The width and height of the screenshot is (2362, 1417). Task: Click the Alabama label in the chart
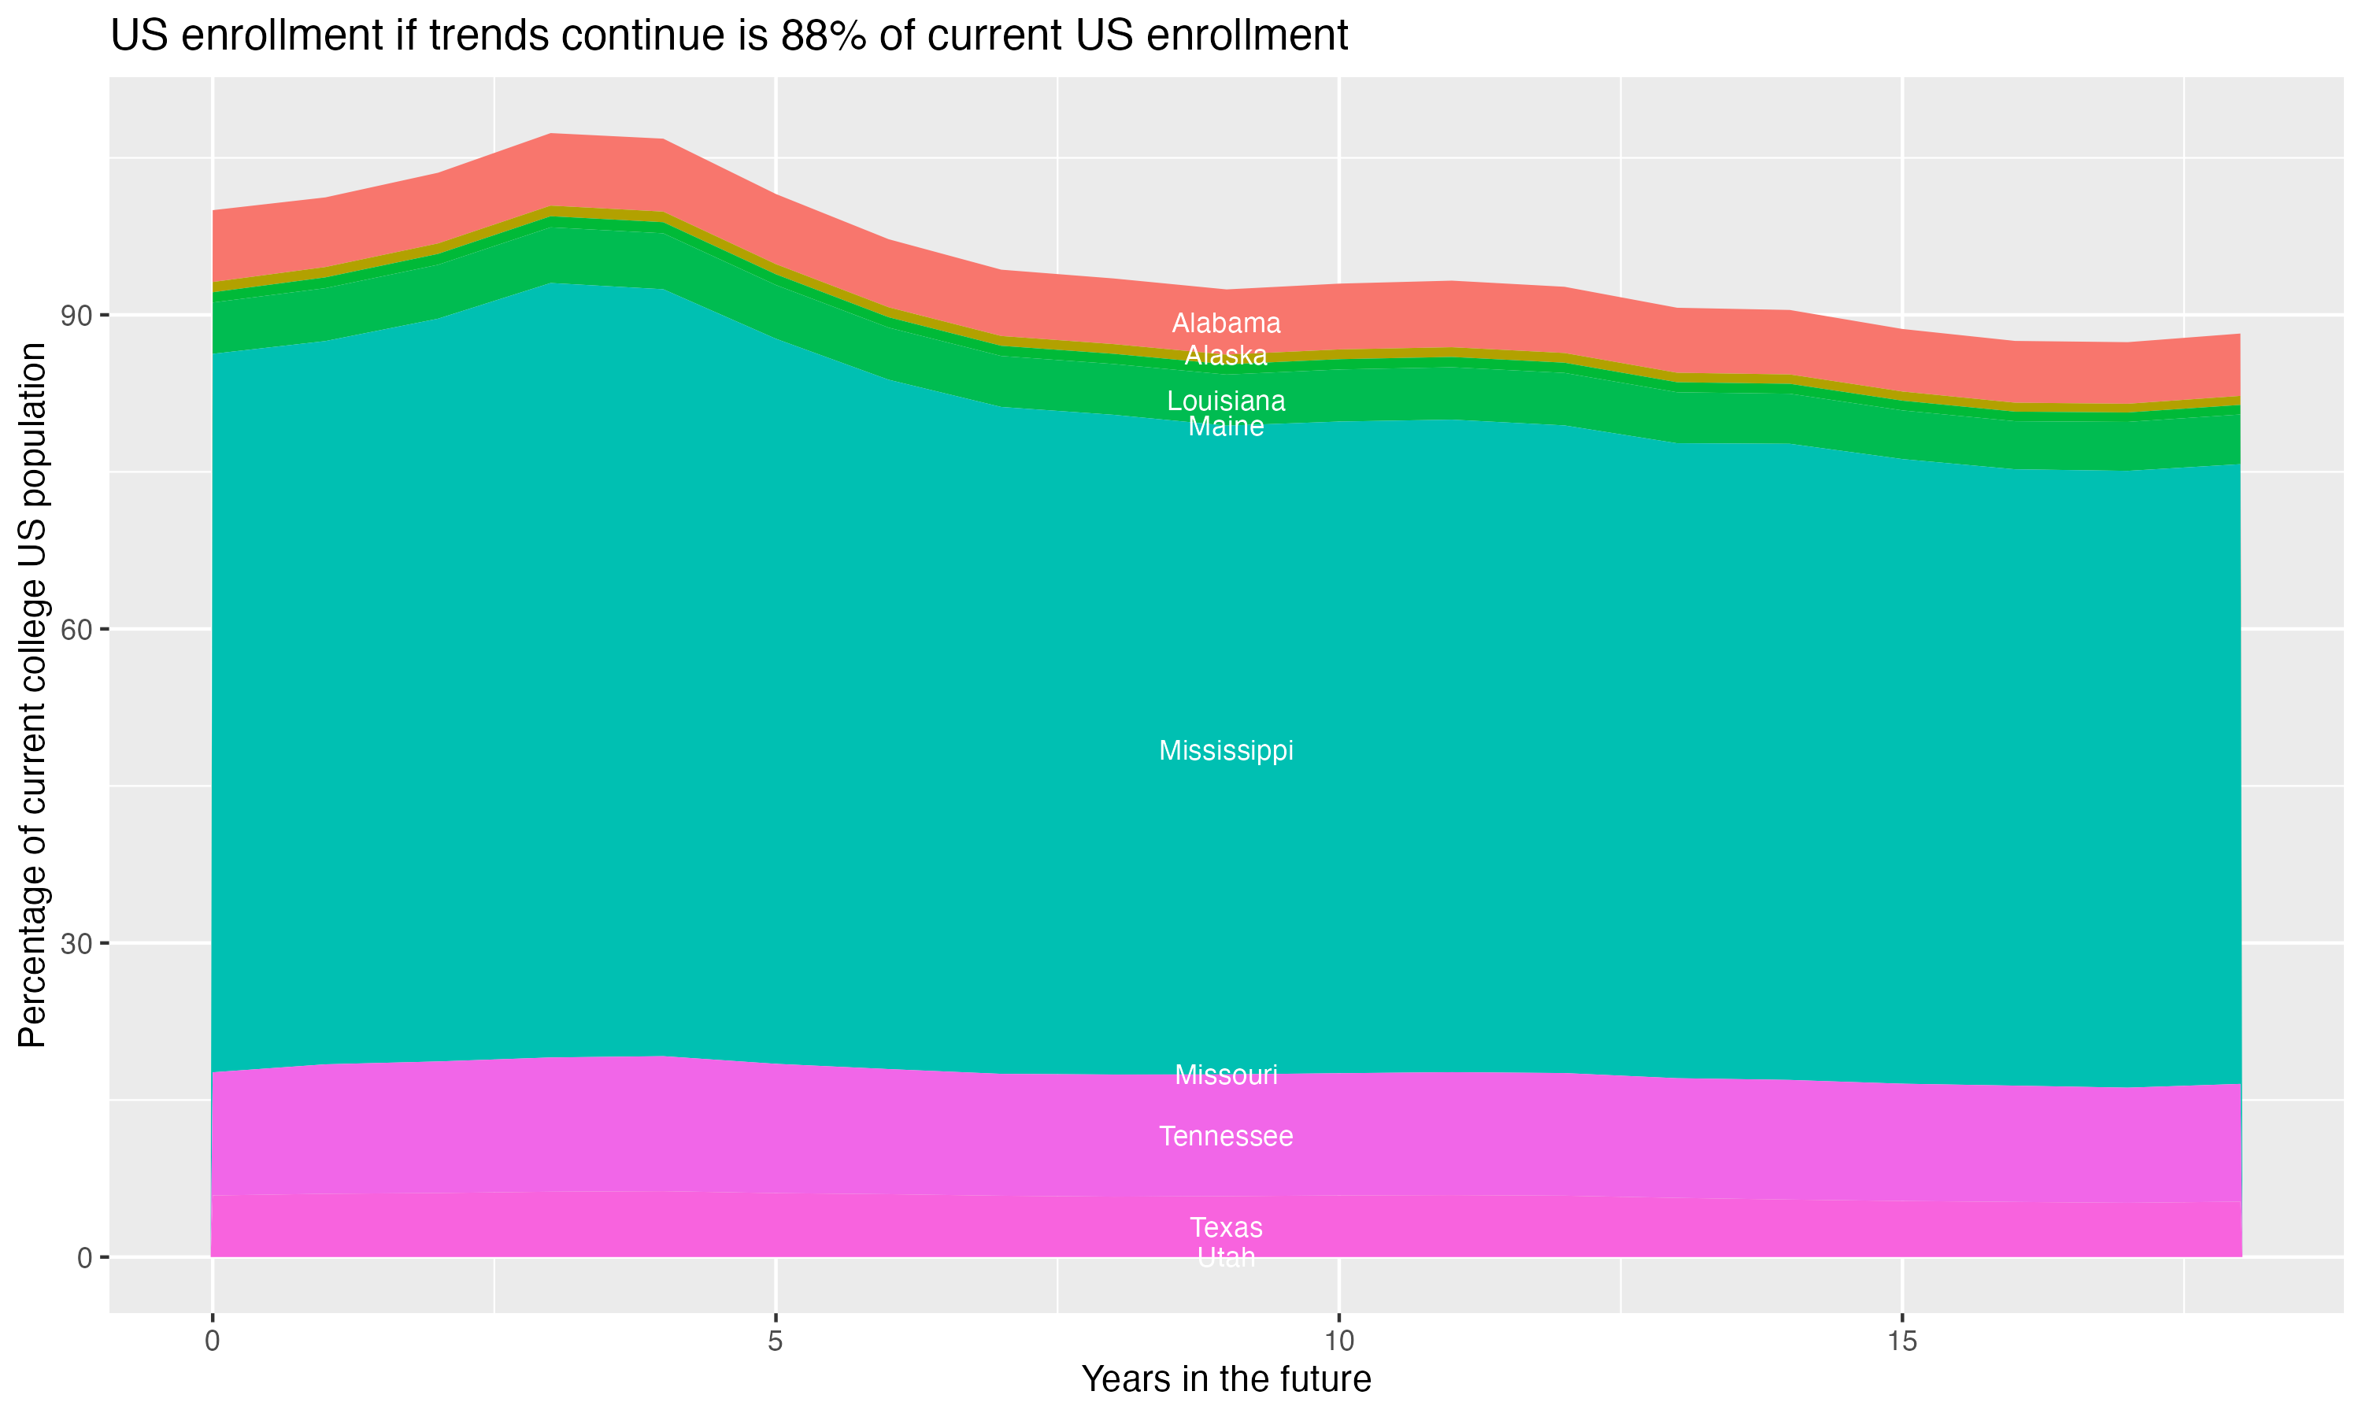pyautogui.click(x=1226, y=324)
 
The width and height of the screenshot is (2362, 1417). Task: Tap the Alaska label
pyautogui.click(x=1226, y=356)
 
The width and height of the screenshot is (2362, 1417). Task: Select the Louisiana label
pyautogui.click(x=1226, y=401)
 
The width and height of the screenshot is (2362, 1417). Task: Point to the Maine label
pyautogui.click(x=1226, y=427)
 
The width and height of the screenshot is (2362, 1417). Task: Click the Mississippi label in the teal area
pyautogui.click(x=1226, y=750)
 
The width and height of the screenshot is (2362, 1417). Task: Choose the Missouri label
pyautogui.click(x=1226, y=1075)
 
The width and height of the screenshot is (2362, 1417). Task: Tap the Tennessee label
pyautogui.click(x=1226, y=1136)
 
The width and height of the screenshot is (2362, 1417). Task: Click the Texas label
pyautogui.click(x=1226, y=1227)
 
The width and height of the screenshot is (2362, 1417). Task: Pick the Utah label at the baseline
pyautogui.click(x=1226, y=1257)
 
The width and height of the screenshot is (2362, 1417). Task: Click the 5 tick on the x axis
pyautogui.click(x=776, y=1341)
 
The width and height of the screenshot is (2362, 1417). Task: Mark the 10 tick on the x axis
pyautogui.click(x=1338, y=1341)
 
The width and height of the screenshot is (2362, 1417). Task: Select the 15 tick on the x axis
pyautogui.click(x=1902, y=1341)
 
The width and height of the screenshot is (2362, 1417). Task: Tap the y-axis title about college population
pyautogui.click(x=32, y=694)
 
